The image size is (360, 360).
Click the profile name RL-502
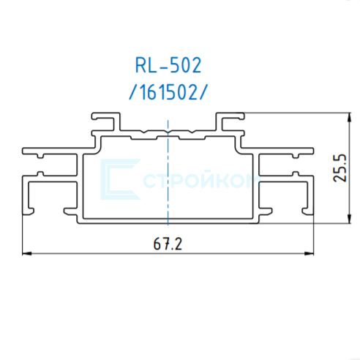168,65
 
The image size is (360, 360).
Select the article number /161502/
168,92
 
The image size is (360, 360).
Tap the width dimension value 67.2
168,244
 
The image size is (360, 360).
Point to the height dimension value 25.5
340,168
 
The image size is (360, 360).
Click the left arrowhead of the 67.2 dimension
27,254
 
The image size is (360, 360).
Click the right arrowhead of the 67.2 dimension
309,254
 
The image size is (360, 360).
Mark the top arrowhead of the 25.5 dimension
350,117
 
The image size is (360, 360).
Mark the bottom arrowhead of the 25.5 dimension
350,219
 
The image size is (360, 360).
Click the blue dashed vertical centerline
168,173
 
